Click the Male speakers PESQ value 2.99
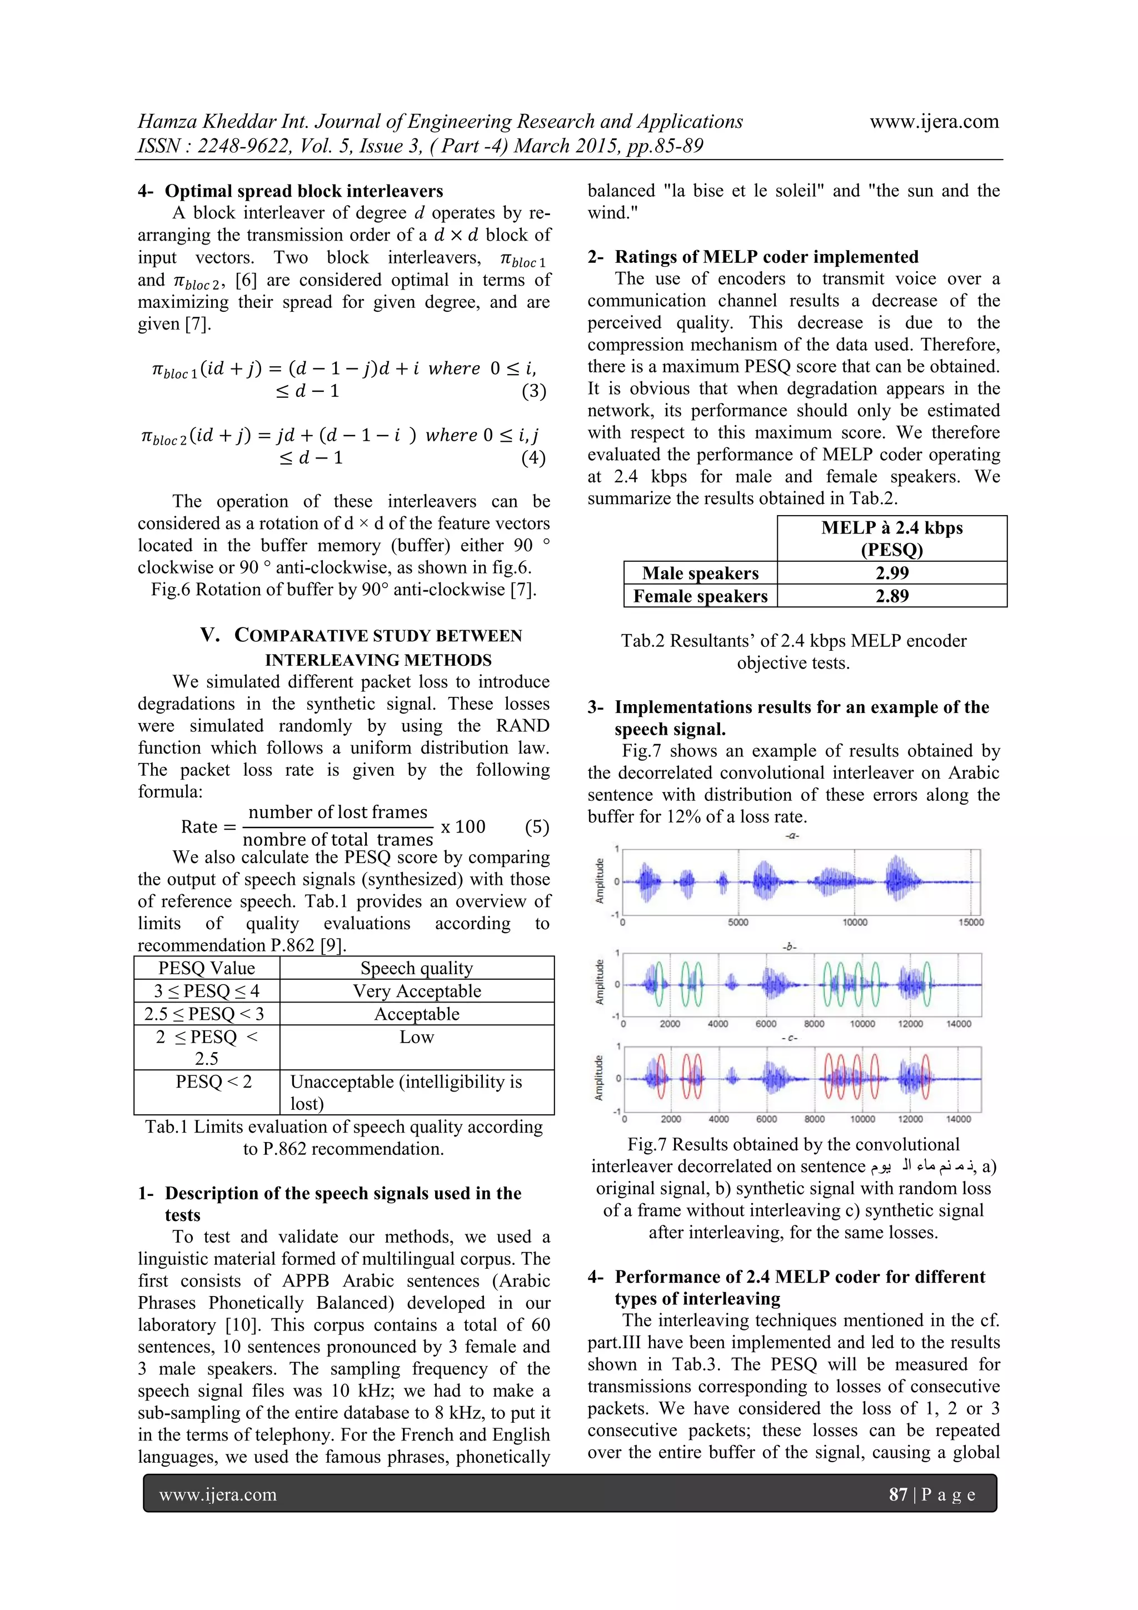click(891, 573)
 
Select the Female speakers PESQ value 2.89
click(891, 596)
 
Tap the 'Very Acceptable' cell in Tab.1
click(417, 991)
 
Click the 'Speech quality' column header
click(417, 968)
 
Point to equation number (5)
click(536, 827)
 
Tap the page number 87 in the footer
click(898, 1494)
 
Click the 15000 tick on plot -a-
click(971, 922)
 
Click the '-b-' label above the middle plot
click(790, 946)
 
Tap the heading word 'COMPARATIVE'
click(296, 636)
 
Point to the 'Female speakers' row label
click(701, 596)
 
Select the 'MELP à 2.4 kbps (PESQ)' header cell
click(891, 539)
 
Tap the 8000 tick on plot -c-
click(814, 1119)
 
